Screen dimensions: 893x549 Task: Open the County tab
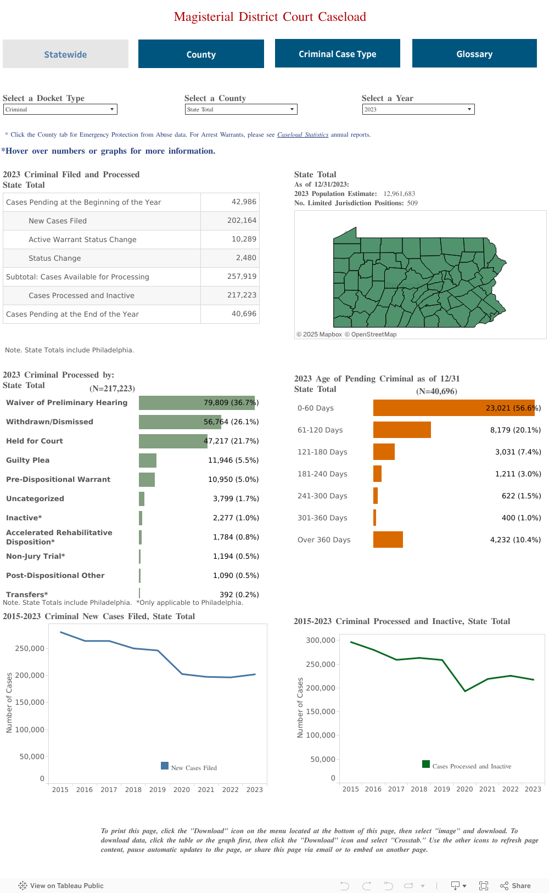201,54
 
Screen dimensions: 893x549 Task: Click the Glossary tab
474,54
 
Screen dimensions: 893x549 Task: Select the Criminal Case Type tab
337,54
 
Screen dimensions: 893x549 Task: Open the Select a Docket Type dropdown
60,109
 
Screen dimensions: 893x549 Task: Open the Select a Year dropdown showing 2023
418,109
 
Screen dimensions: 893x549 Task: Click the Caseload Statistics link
302,134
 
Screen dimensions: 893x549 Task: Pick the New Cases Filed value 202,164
242,221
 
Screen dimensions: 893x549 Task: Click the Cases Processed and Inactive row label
81,295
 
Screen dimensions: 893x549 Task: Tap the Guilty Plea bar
148,460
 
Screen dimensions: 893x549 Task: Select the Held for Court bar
172,441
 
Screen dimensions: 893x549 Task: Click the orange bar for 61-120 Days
402,430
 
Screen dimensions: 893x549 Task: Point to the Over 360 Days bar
388,540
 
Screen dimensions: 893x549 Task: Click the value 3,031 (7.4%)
518,452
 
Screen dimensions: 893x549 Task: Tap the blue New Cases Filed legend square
165,766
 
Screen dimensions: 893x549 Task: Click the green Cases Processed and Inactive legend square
426,764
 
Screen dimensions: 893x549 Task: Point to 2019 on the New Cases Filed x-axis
158,789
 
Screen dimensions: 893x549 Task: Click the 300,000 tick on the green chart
321,640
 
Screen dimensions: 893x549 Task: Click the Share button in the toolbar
516,885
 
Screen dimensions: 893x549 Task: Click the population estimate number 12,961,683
399,194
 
